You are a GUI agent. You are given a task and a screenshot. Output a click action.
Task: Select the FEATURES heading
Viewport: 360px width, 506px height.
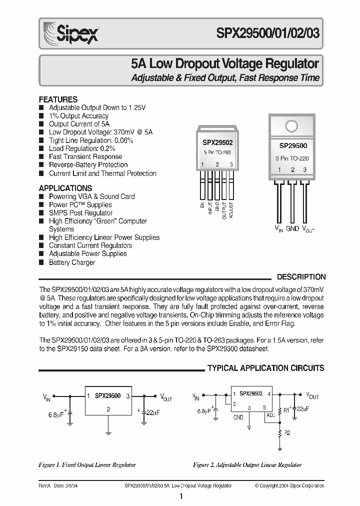coord(58,99)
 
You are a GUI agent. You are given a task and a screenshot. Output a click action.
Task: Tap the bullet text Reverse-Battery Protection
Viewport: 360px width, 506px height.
coord(88,165)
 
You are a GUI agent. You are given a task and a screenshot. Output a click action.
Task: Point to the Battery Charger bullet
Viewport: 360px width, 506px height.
coord(71,262)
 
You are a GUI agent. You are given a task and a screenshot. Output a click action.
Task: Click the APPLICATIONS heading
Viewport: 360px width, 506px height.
coord(65,188)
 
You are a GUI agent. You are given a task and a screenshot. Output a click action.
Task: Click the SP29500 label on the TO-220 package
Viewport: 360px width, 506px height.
coord(292,145)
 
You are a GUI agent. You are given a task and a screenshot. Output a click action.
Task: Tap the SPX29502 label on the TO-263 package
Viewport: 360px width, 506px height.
coord(217,142)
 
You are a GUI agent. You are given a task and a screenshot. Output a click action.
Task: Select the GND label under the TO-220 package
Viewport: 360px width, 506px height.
coord(292,228)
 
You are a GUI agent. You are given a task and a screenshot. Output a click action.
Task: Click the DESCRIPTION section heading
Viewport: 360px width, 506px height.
coord(301,277)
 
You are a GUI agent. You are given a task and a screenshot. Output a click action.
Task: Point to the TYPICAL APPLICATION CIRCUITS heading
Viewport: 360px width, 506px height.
coord(265,368)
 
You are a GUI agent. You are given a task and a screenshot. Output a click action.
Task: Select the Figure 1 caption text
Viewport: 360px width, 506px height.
coord(87,465)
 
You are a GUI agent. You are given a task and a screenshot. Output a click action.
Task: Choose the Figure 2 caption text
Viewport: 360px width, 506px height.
coord(247,465)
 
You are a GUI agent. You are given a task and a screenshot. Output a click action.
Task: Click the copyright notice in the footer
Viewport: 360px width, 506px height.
coord(289,485)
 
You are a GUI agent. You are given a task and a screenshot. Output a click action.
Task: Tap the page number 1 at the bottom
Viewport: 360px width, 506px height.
coord(180,496)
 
